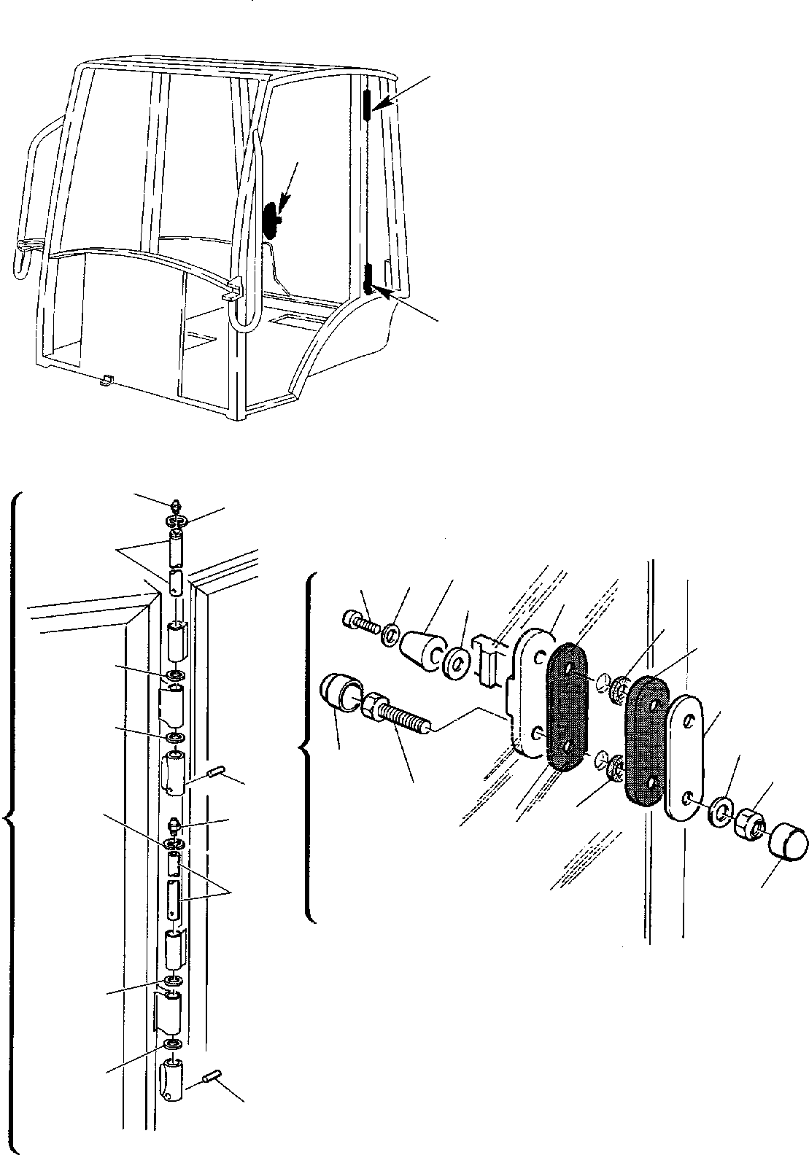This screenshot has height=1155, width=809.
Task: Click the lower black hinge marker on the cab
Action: (x=368, y=279)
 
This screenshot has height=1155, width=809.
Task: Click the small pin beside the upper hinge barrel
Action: (x=216, y=771)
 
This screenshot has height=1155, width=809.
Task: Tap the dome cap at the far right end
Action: (x=789, y=842)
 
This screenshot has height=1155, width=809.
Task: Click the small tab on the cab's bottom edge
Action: (x=107, y=379)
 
